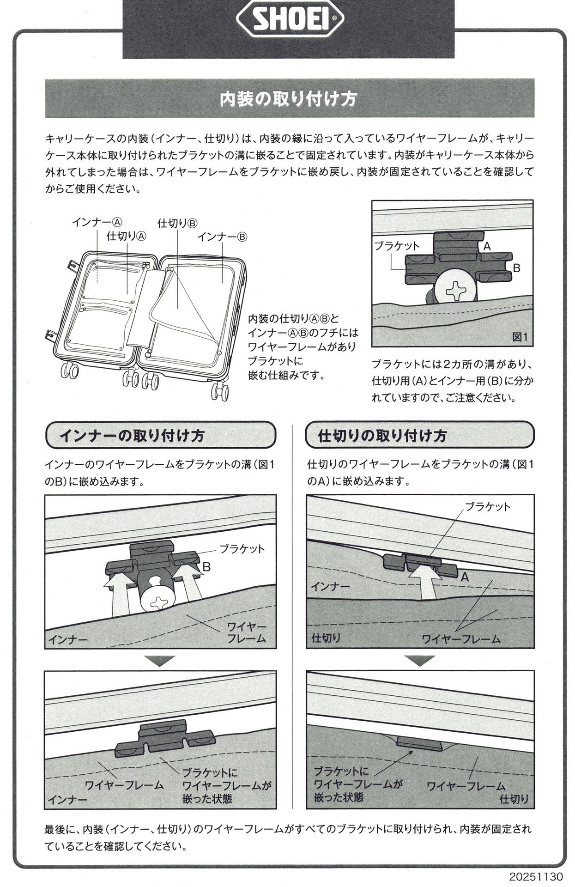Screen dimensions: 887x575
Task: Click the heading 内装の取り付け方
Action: tap(288, 99)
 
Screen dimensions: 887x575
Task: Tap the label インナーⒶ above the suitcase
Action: tap(97, 222)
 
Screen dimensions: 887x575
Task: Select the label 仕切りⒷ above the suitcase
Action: tap(178, 223)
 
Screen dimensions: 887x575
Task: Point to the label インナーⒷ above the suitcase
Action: tap(223, 237)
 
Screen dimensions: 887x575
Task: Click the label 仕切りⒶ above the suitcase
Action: tap(127, 236)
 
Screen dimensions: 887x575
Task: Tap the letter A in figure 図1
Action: tap(487, 246)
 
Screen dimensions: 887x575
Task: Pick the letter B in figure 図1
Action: tap(517, 268)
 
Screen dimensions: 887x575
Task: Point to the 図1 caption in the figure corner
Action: tap(520, 337)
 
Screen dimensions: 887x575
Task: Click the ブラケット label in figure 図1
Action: tap(397, 246)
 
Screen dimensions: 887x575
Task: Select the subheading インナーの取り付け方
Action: tap(132, 436)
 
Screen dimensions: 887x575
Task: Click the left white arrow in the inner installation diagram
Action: tap(116, 595)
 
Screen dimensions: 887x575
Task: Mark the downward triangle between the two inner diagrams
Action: tap(161, 661)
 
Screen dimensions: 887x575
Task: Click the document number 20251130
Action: tap(537, 876)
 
